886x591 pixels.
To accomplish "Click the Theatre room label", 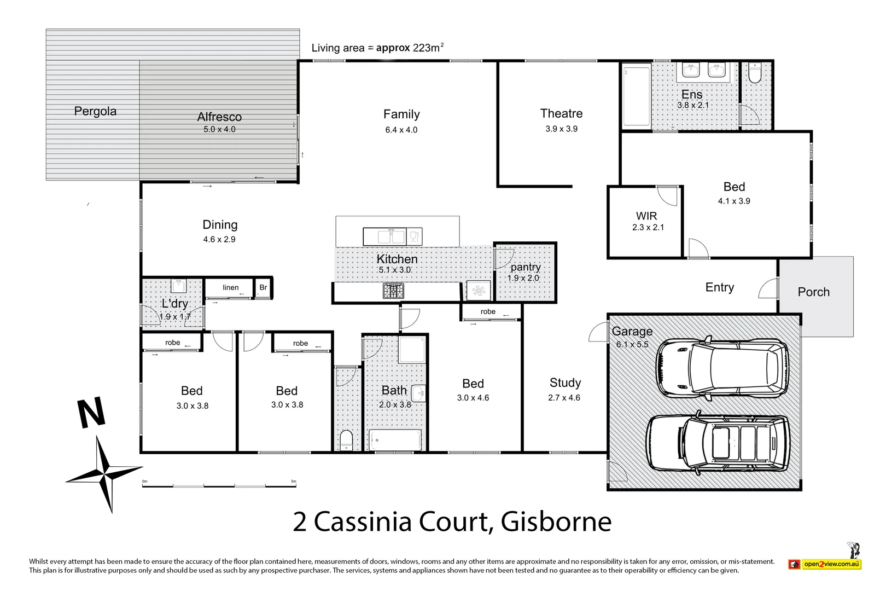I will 561,114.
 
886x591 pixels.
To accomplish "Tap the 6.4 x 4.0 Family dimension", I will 401,130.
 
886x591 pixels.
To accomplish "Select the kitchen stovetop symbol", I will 393,290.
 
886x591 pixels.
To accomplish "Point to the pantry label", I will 525,267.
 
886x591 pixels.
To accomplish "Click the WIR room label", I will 646,216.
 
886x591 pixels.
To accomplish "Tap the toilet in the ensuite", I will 755,73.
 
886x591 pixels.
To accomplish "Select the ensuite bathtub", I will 637,96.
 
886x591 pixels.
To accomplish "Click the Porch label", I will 813,292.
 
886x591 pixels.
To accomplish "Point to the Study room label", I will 565,383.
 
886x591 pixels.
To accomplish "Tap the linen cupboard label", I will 230,287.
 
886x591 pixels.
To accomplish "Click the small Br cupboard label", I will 263,287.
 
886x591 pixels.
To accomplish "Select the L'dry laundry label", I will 175,304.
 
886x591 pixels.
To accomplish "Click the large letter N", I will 91,413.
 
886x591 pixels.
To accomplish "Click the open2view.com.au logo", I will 825,564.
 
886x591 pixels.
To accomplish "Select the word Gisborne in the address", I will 556,522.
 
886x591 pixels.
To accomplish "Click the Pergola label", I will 95,112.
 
